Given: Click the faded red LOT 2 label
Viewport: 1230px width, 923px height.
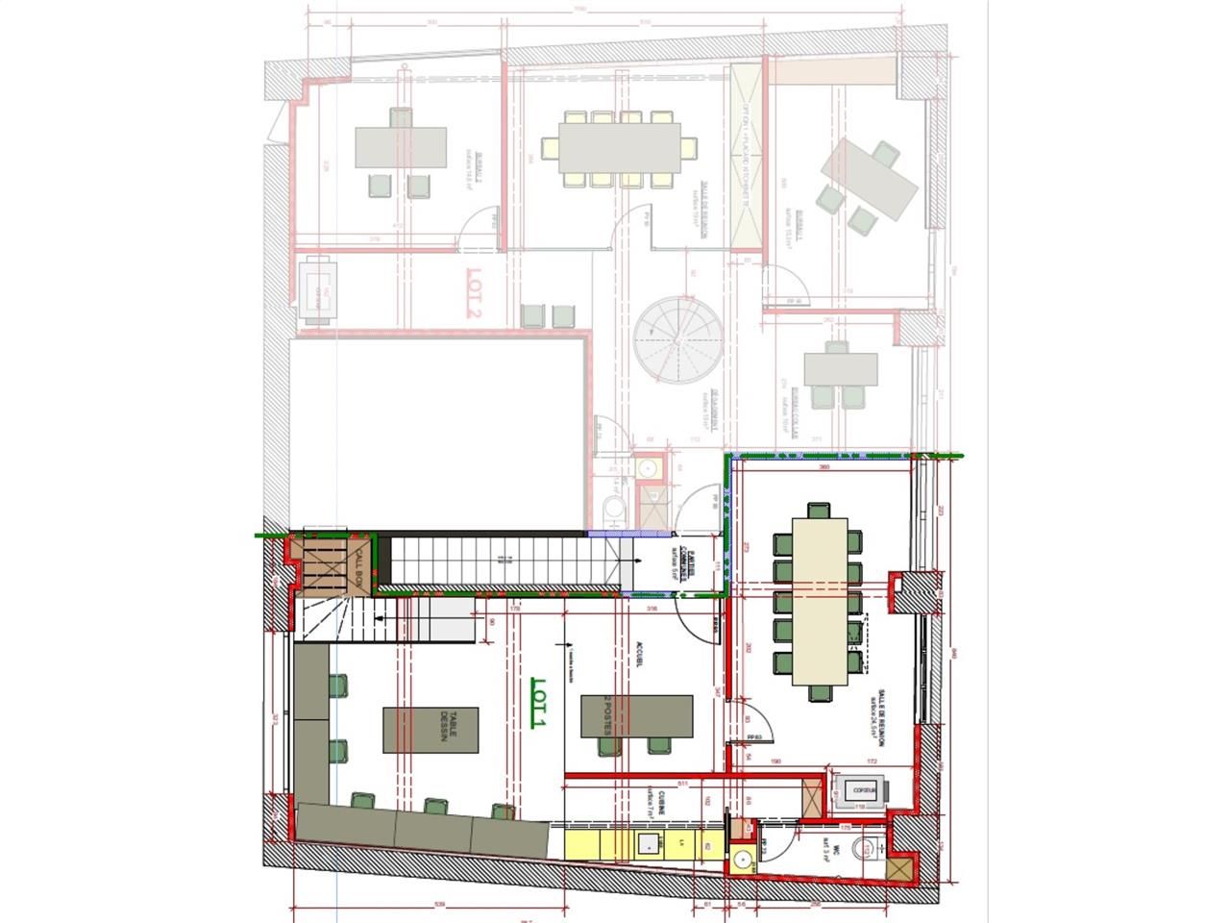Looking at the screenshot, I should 472,298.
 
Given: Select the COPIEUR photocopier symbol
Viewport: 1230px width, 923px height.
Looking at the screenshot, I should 861,790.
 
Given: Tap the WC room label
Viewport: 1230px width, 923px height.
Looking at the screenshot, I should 827,847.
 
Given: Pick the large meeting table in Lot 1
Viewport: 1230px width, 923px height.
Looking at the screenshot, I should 820,602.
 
